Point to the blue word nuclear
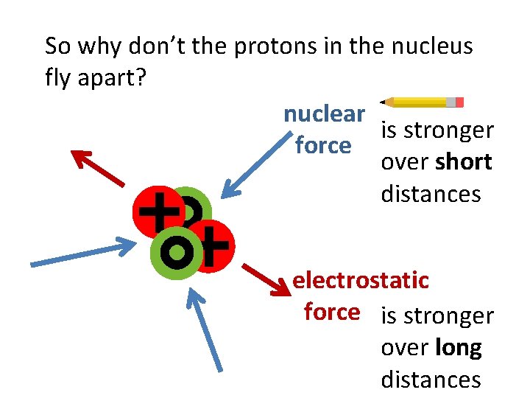click(324, 114)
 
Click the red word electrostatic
click(361, 280)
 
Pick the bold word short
click(463, 162)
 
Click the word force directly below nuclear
click(322, 145)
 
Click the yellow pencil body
click(420, 102)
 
